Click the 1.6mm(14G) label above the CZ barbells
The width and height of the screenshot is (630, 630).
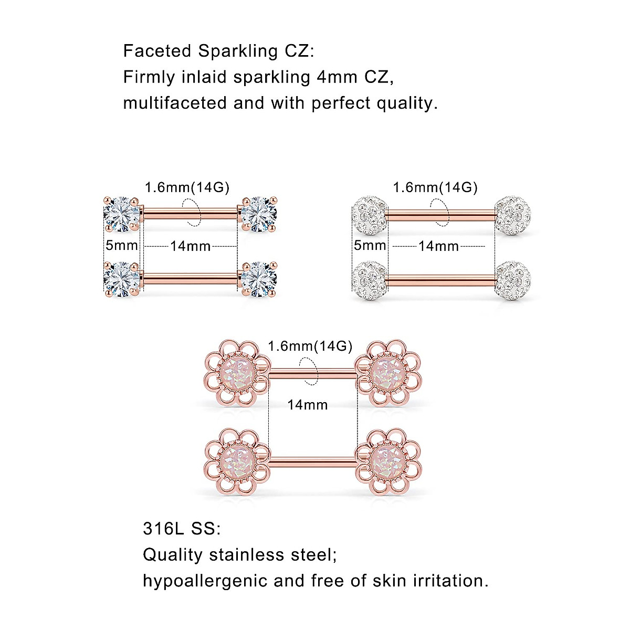click(x=187, y=187)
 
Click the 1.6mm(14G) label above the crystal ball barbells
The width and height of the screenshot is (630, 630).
click(x=435, y=187)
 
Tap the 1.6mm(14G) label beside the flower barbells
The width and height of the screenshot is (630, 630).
click(x=310, y=346)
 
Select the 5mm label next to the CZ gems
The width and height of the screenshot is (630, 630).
click(x=121, y=245)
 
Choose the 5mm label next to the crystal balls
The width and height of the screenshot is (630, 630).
click(x=370, y=245)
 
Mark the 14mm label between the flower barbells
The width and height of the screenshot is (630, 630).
click(x=308, y=405)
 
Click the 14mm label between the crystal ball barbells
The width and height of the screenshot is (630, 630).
click(x=438, y=246)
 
